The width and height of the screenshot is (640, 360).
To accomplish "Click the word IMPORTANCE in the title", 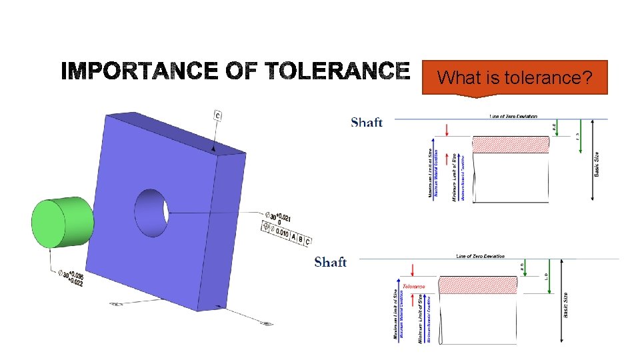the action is (x=139, y=71).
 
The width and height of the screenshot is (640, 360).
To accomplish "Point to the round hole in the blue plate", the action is (x=152, y=212).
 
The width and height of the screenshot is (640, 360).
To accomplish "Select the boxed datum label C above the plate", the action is (x=217, y=116).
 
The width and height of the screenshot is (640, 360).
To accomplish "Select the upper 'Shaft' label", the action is (x=367, y=122).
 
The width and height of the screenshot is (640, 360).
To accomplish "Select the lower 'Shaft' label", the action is (x=330, y=261).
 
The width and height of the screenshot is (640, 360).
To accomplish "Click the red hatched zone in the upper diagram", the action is (x=511, y=145).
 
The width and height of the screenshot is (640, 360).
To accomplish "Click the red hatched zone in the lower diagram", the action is (x=477, y=285).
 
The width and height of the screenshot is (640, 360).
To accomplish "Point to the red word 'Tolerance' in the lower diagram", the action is (x=413, y=286).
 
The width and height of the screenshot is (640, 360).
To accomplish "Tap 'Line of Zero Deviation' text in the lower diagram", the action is (x=480, y=256).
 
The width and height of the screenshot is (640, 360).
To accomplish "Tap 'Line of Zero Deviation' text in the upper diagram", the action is (x=513, y=117).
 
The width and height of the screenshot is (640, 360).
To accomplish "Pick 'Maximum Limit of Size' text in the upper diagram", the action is (x=430, y=173).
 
